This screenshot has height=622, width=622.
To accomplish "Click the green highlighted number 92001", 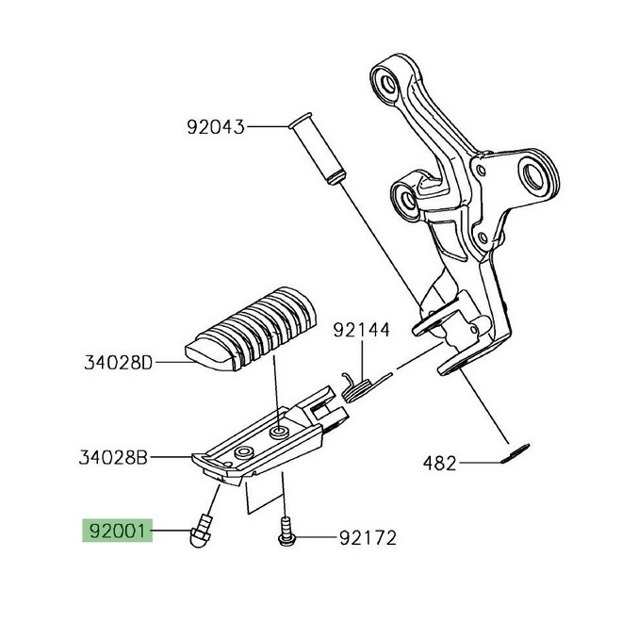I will (x=116, y=531).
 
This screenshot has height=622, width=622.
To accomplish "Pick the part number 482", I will (x=439, y=463).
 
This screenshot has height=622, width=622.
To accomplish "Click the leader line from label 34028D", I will (x=174, y=361).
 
